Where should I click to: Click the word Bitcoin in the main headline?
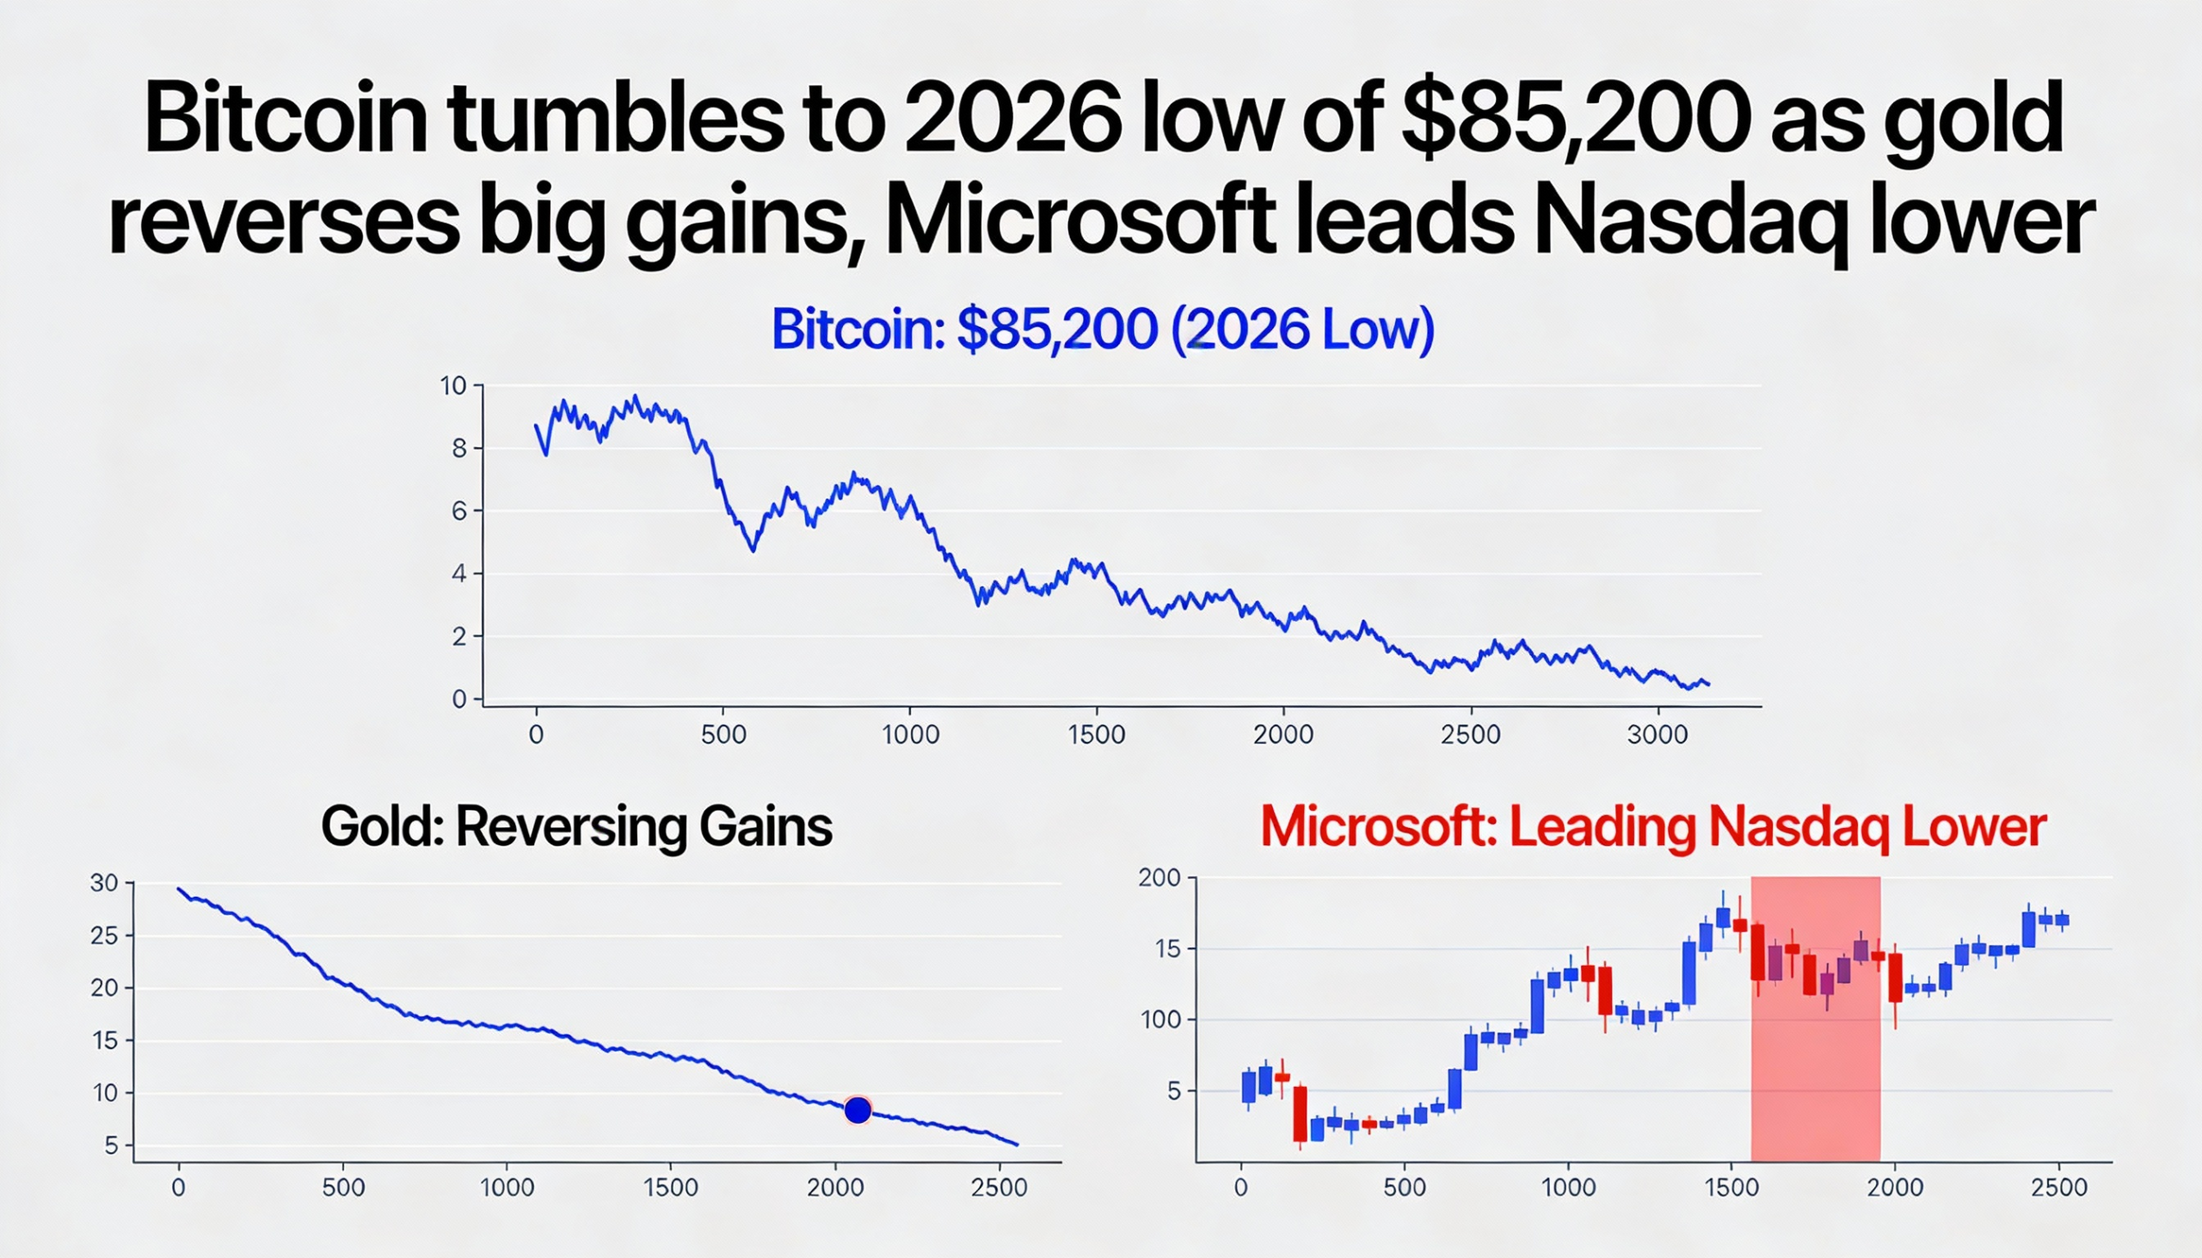click(286, 120)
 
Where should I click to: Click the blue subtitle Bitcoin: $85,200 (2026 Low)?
click(1102, 329)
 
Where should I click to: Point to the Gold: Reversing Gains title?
click(576, 827)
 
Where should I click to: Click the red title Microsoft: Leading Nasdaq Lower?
click(1652, 827)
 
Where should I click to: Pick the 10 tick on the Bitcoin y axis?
click(452, 386)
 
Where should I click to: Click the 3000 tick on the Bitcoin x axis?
click(1657, 735)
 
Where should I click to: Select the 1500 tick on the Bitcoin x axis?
click(1096, 735)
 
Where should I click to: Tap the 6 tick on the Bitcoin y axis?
click(459, 512)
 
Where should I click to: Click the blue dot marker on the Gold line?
click(858, 1110)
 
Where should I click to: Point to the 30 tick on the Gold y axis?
click(104, 883)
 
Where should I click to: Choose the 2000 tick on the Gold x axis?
click(835, 1188)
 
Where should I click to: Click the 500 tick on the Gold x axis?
click(343, 1188)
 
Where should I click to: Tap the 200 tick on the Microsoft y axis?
click(1159, 878)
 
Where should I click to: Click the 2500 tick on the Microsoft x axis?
click(2058, 1188)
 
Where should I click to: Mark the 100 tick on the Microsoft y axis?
click(1160, 1020)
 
